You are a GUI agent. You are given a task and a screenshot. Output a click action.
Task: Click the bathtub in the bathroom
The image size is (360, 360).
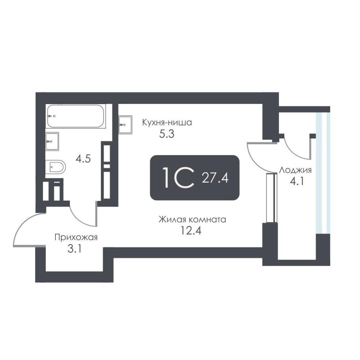click(x=76, y=116)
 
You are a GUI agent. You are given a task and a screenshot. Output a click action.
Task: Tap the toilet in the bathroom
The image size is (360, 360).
click(x=55, y=166)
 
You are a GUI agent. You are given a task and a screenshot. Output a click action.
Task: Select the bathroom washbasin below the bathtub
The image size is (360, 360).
click(x=52, y=141)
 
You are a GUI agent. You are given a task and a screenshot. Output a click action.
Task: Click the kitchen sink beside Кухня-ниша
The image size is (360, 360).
click(x=125, y=125)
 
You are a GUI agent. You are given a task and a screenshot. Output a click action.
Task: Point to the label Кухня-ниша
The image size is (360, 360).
click(x=167, y=122)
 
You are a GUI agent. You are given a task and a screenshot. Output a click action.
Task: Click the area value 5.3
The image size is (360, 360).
click(x=167, y=134)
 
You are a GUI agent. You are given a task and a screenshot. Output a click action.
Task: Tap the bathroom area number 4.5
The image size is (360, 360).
click(x=84, y=159)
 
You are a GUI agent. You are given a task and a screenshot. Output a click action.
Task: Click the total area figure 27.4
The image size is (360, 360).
click(x=215, y=178)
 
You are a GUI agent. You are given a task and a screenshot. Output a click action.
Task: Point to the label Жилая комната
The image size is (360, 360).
click(x=192, y=220)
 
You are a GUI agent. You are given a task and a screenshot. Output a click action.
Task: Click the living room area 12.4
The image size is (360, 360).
click(x=191, y=231)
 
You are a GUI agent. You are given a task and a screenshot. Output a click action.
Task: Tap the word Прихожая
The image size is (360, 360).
click(x=76, y=237)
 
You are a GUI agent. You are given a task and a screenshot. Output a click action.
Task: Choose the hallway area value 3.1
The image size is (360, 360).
click(x=75, y=249)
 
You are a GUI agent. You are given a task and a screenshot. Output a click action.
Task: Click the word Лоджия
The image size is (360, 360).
click(x=295, y=170)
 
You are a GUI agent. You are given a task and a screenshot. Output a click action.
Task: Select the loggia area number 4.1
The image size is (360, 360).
click(x=297, y=181)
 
